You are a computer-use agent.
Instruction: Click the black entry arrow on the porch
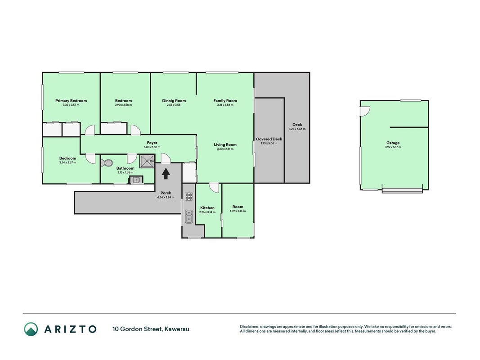pos(166,173)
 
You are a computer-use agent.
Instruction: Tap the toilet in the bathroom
pos(107,163)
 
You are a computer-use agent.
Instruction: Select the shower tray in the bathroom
pos(147,161)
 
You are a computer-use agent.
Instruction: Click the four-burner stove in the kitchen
pos(189,196)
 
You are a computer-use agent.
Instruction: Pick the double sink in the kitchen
pos(189,216)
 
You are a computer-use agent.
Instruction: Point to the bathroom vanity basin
pos(136,180)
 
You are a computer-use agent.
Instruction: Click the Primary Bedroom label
pos(71,101)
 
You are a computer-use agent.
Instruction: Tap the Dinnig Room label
pos(174,101)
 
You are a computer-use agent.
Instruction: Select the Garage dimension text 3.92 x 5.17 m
pos(393,147)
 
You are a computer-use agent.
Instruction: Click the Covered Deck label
pos(269,139)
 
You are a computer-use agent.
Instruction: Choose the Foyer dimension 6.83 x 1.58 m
pos(152,147)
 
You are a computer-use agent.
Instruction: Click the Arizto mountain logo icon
pos(31,329)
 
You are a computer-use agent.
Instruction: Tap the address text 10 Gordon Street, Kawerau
pos(151,329)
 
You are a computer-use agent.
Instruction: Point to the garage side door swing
pos(365,111)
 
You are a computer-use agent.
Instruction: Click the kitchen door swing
pos(214,187)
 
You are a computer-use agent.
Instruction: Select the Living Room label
pos(225,144)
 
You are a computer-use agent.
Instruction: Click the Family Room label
pos(225,101)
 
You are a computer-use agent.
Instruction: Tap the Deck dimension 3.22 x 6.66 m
pos(297,129)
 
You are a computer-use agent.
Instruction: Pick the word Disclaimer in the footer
pos(249,327)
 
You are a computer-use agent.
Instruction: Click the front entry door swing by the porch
pos(166,158)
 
